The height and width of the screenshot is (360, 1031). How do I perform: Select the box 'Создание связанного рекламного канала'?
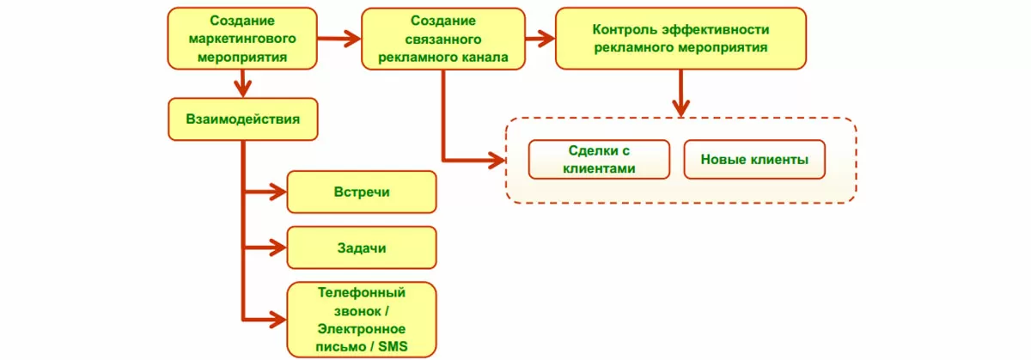(x=442, y=39)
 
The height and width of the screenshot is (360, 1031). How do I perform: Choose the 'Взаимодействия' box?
(x=242, y=119)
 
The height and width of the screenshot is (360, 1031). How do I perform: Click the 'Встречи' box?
(x=361, y=192)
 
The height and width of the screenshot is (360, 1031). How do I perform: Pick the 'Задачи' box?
(x=361, y=248)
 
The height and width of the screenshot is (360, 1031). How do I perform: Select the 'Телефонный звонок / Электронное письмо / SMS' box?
(x=361, y=319)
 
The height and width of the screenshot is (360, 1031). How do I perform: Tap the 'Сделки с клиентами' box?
(x=599, y=160)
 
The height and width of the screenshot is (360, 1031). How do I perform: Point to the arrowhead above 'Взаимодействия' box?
(x=242, y=89)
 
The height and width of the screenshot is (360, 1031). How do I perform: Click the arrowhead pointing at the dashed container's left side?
(x=496, y=160)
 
